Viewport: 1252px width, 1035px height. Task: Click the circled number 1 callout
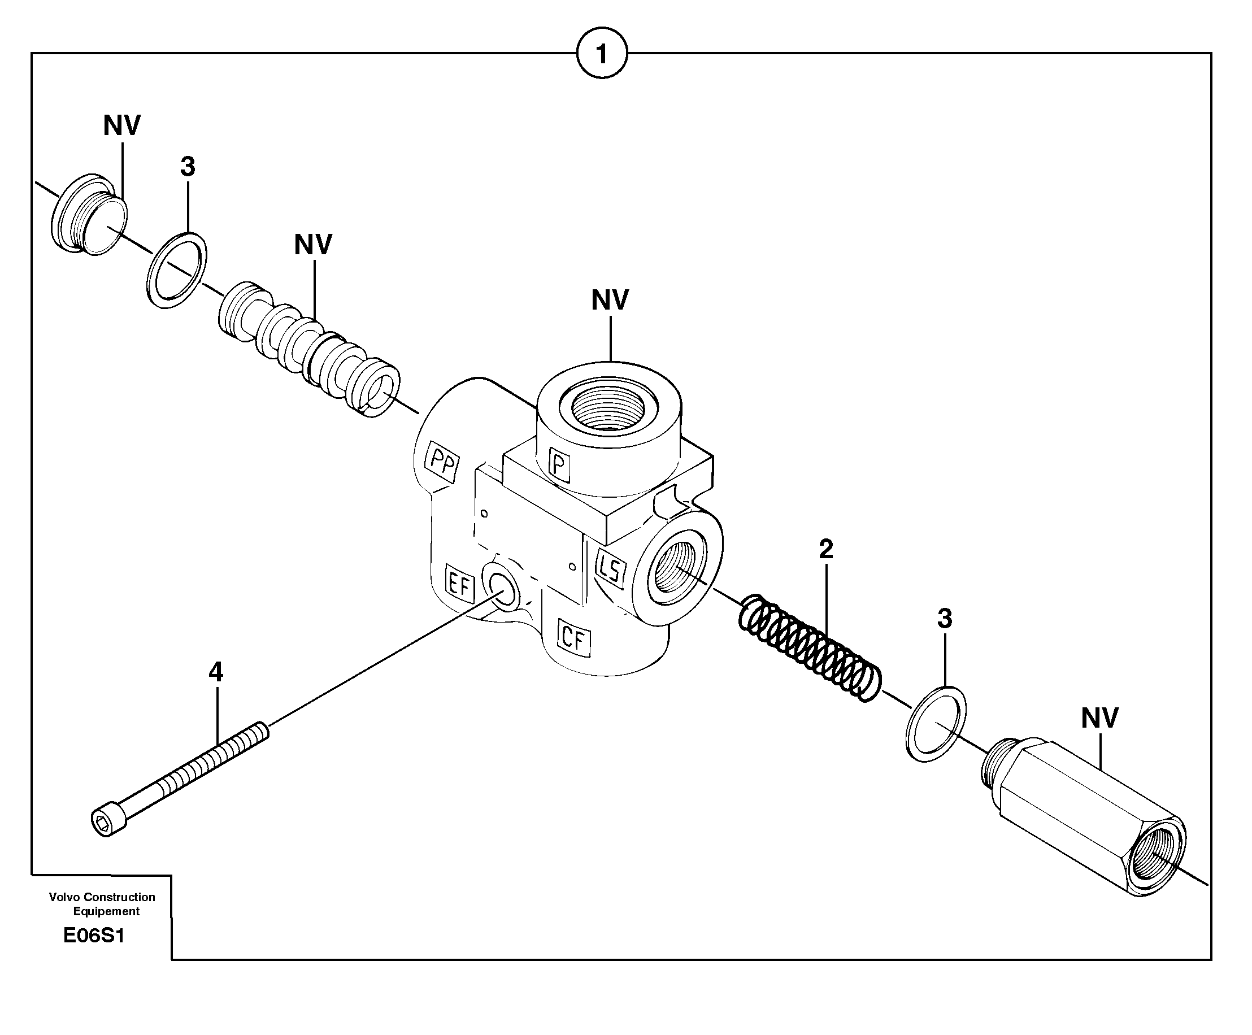pos(602,54)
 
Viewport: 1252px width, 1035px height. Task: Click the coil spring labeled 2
pos(810,646)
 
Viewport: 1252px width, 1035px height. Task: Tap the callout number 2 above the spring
pos(826,549)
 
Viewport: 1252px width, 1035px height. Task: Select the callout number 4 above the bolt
pos(216,672)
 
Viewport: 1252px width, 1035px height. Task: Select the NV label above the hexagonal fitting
pos(1099,718)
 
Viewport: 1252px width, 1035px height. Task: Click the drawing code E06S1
pos(94,936)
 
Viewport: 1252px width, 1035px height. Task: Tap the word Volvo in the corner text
pos(64,897)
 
